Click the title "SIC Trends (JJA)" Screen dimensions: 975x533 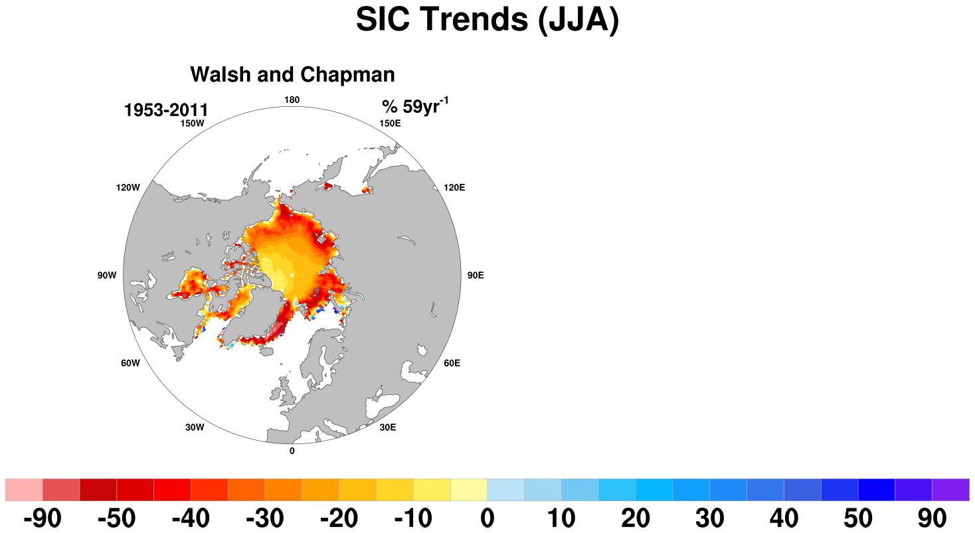click(x=487, y=20)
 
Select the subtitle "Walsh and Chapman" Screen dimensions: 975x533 click(x=292, y=74)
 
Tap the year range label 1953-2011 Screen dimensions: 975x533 click(x=166, y=110)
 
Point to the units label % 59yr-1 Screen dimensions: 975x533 click(x=415, y=106)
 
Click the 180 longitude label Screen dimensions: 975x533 click(x=292, y=100)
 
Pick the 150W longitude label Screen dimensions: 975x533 click(x=193, y=123)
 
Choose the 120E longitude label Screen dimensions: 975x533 click(x=454, y=188)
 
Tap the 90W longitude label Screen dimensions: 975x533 click(x=107, y=275)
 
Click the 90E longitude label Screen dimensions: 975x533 click(x=476, y=275)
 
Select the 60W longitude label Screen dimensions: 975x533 click(x=131, y=363)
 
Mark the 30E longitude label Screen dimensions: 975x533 click(x=388, y=427)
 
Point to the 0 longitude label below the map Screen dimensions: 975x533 click(x=292, y=451)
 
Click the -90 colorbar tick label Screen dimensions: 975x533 click(x=43, y=518)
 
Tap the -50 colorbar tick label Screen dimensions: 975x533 click(x=117, y=518)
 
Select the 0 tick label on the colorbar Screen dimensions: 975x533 click(x=487, y=518)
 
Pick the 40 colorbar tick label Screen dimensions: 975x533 click(x=784, y=518)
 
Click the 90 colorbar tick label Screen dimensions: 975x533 click(x=932, y=518)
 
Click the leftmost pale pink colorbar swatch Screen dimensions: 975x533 click(x=24, y=490)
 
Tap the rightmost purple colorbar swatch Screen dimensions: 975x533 click(x=951, y=490)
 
